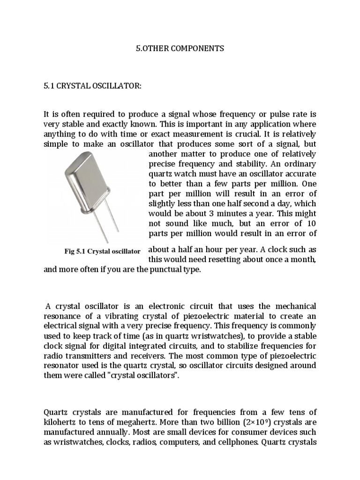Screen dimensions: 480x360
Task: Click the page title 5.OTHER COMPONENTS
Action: click(x=180, y=48)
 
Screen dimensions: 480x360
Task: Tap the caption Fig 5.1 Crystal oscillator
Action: click(x=102, y=251)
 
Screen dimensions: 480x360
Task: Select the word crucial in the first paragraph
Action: click(x=226, y=134)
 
